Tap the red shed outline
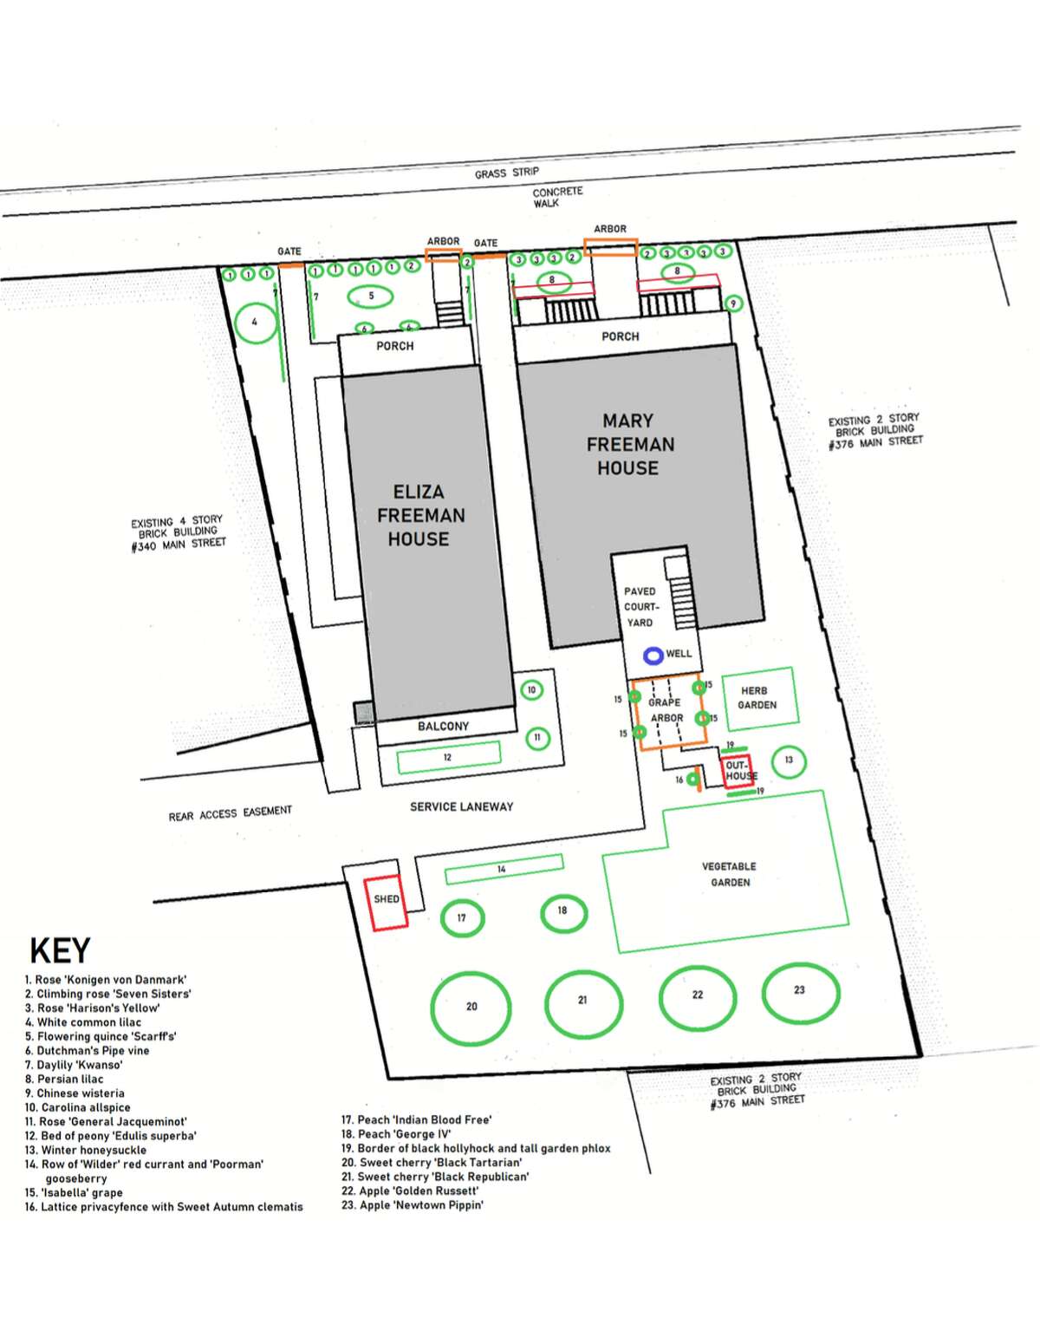(x=365, y=904)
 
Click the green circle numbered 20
(x=432, y=1007)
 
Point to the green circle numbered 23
(x=764, y=994)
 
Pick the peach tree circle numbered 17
(x=443, y=918)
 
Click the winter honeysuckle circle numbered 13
(x=773, y=760)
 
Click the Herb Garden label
(x=757, y=698)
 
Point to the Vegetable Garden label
(x=729, y=874)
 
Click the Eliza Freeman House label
(x=420, y=515)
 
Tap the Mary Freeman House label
(x=630, y=444)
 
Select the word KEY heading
(x=60, y=950)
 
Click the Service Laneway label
(x=462, y=806)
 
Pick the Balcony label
(x=443, y=726)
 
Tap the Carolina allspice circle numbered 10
(x=522, y=690)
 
